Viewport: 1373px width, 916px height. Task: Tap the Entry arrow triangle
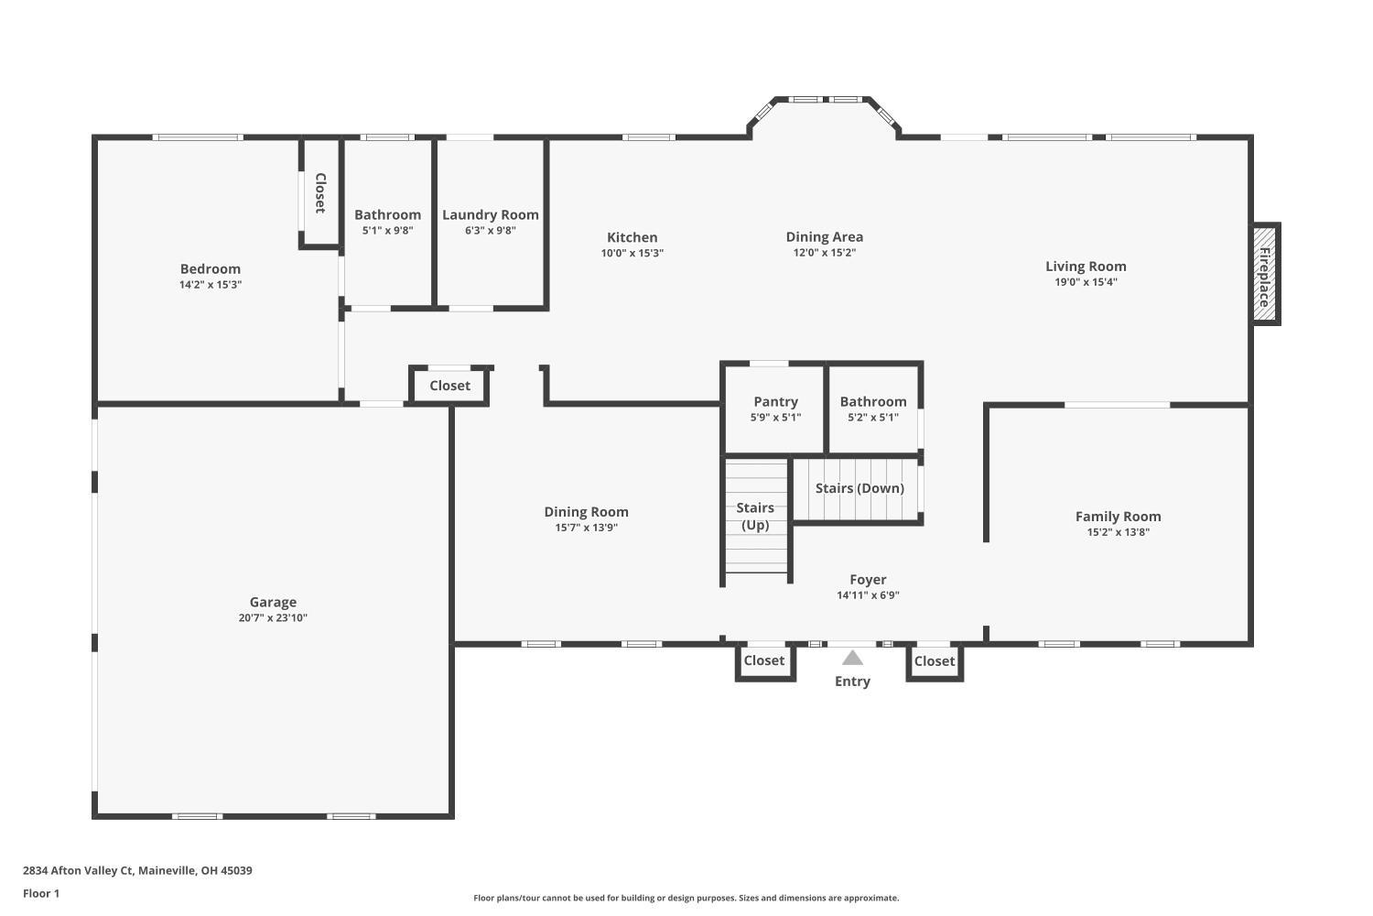(852, 658)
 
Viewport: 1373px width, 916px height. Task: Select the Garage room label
(273, 602)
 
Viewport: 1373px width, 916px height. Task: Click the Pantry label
(775, 401)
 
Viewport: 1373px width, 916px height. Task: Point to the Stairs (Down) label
(859, 488)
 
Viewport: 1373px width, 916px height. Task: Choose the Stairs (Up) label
(755, 516)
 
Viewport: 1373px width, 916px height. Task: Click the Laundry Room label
(490, 214)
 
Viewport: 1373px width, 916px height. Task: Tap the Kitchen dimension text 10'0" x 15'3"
(632, 253)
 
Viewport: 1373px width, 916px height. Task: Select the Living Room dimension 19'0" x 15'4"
(1086, 282)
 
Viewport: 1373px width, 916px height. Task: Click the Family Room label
(1118, 517)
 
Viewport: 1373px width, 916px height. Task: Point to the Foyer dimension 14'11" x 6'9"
(868, 595)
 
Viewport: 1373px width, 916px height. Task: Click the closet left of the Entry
(763, 660)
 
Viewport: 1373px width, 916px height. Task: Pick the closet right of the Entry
(934, 661)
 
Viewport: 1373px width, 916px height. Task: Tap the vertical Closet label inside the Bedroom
(320, 192)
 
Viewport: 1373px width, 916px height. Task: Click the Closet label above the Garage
(449, 386)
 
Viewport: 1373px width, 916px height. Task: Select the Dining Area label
(824, 237)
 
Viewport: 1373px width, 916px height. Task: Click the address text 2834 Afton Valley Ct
(137, 870)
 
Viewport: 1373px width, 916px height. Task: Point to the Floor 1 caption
(41, 893)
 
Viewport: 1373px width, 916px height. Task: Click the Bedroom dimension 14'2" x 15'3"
(211, 285)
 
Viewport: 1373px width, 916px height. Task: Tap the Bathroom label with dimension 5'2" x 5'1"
(873, 401)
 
